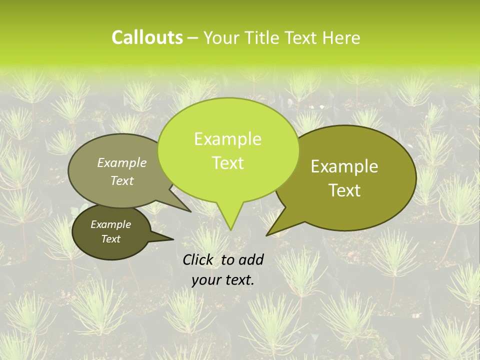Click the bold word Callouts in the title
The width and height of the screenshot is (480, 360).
[147, 37]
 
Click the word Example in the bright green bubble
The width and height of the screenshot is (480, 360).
[227, 139]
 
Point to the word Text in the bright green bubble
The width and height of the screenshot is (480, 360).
[227, 162]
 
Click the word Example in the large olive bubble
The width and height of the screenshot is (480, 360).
[344, 166]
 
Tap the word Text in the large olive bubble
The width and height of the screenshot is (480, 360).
[344, 190]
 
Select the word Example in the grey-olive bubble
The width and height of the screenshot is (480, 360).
[122, 162]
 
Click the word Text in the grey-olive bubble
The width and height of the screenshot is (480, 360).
[122, 180]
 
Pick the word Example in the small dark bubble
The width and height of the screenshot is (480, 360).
[111, 224]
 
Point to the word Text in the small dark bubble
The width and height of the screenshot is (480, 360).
[111, 239]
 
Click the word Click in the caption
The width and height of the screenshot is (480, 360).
[198, 259]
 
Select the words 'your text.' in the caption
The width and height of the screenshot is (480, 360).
[223, 280]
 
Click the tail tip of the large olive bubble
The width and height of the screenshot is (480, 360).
[266, 235]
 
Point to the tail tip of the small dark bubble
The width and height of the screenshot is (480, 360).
[173, 239]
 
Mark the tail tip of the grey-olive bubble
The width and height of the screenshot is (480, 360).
[190, 211]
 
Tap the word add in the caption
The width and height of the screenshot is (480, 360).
[251, 259]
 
